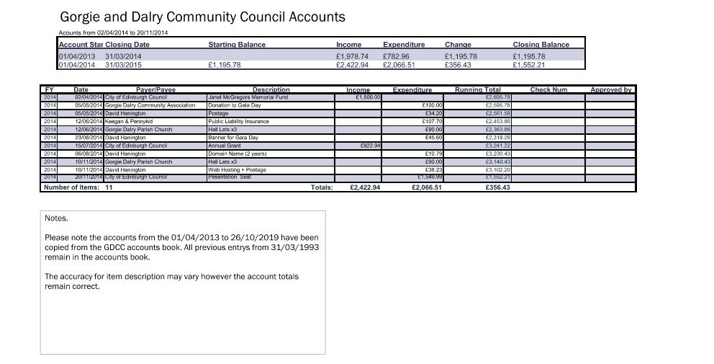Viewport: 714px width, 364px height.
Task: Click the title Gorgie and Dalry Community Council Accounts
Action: click(x=202, y=17)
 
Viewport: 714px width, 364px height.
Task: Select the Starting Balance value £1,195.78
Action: click(x=224, y=65)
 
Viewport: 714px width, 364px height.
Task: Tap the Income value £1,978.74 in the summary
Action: click(x=352, y=56)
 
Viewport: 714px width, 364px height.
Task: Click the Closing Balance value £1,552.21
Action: click(x=528, y=65)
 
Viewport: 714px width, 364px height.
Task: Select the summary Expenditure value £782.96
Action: click(x=396, y=56)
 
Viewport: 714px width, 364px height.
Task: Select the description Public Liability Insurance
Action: click(x=238, y=121)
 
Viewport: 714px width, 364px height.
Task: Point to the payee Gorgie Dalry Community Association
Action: click(x=150, y=105)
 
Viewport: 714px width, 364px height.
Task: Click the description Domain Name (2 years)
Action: click(x=237, y=154)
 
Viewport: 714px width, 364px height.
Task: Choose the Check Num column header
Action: click(x=548, y=89)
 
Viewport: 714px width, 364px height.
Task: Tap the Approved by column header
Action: click(x=610, y=89)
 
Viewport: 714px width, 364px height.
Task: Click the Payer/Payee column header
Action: click(x=155, y=89)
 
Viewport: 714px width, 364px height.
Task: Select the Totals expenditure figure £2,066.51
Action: click(x=427, y=187)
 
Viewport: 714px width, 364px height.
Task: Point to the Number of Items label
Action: click(x=78, y=187)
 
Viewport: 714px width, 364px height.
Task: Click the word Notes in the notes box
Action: click(x=56, y=218)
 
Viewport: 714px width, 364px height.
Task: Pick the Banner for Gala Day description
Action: click(x=232, y=137)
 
